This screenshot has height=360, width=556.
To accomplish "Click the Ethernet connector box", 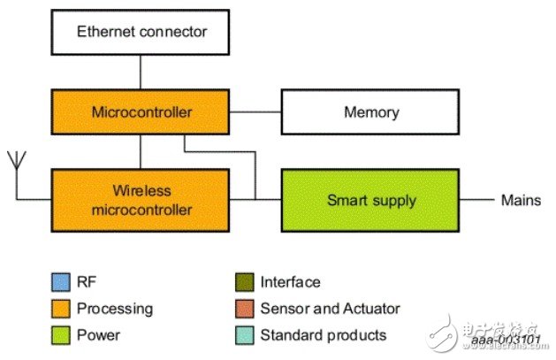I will tap(141, 32).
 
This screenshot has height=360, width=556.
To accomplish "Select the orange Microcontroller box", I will tap(141, 112).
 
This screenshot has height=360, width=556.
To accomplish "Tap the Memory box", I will tap(370, 112).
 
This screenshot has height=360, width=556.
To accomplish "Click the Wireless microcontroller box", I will tap(141, 200).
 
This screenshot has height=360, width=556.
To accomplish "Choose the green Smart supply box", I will tap(370, 200).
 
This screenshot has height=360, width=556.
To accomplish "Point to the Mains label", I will tap(522, 200).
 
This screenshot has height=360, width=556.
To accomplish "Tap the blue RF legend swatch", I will tap(58, 282).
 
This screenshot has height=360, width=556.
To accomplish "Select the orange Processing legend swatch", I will tap(58, 309).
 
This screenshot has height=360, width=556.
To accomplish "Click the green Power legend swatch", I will tap(58, 335).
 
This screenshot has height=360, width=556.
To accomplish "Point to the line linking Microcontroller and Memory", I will tap(256, 112).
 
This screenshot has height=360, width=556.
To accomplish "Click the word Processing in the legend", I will tap(114, 309).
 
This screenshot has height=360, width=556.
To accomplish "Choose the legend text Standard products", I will tap(323, 335).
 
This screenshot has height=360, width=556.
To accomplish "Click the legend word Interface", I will tap(290, 282).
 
